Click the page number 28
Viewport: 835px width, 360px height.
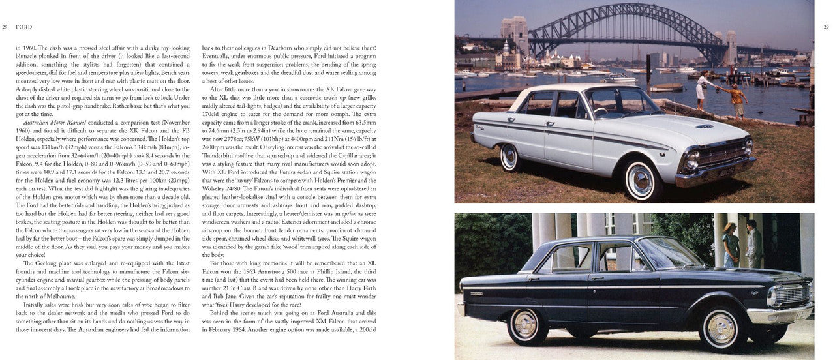click(x=5, y=27)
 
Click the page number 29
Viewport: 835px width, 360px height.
click(x=825, y=27)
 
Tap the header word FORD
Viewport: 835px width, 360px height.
click(x=25, y=27)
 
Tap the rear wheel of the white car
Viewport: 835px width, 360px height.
click(x=509, y=157)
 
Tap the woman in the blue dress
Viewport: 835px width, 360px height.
click(x=731, y=245)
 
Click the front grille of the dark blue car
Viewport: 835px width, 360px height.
click(x=791, y=295)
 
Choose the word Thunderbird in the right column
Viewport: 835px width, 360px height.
click(x=222, y=155)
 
